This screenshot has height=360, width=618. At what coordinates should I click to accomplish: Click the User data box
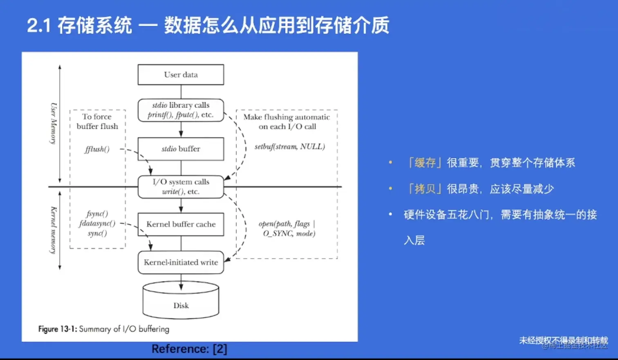(181, 75)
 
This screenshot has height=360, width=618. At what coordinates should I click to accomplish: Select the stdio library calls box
(181, 110)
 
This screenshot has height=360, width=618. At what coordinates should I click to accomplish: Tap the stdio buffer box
(181, 149)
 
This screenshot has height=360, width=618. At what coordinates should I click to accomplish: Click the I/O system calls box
(181, 187)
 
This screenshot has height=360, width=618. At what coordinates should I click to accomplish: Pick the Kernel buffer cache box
(181, 224)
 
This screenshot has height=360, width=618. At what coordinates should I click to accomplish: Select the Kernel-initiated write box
(181, 262)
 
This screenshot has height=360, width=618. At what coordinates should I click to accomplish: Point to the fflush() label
(97, 149)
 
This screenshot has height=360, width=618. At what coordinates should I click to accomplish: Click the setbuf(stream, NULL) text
(289, 146)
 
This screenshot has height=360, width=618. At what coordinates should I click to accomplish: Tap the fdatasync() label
(97, 224)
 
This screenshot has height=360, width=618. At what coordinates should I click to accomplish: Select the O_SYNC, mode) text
(289, 234)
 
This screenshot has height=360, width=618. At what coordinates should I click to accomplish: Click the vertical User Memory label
(53, 123)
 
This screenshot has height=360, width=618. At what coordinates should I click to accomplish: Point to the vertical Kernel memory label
(53, 230)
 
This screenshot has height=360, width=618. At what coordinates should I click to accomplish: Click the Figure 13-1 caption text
(103, 329)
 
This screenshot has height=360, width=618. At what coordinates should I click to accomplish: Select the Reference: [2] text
(189, 349)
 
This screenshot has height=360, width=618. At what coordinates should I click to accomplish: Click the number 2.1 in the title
(39, 25)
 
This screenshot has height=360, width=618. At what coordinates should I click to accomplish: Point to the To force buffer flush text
(97, 121)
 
